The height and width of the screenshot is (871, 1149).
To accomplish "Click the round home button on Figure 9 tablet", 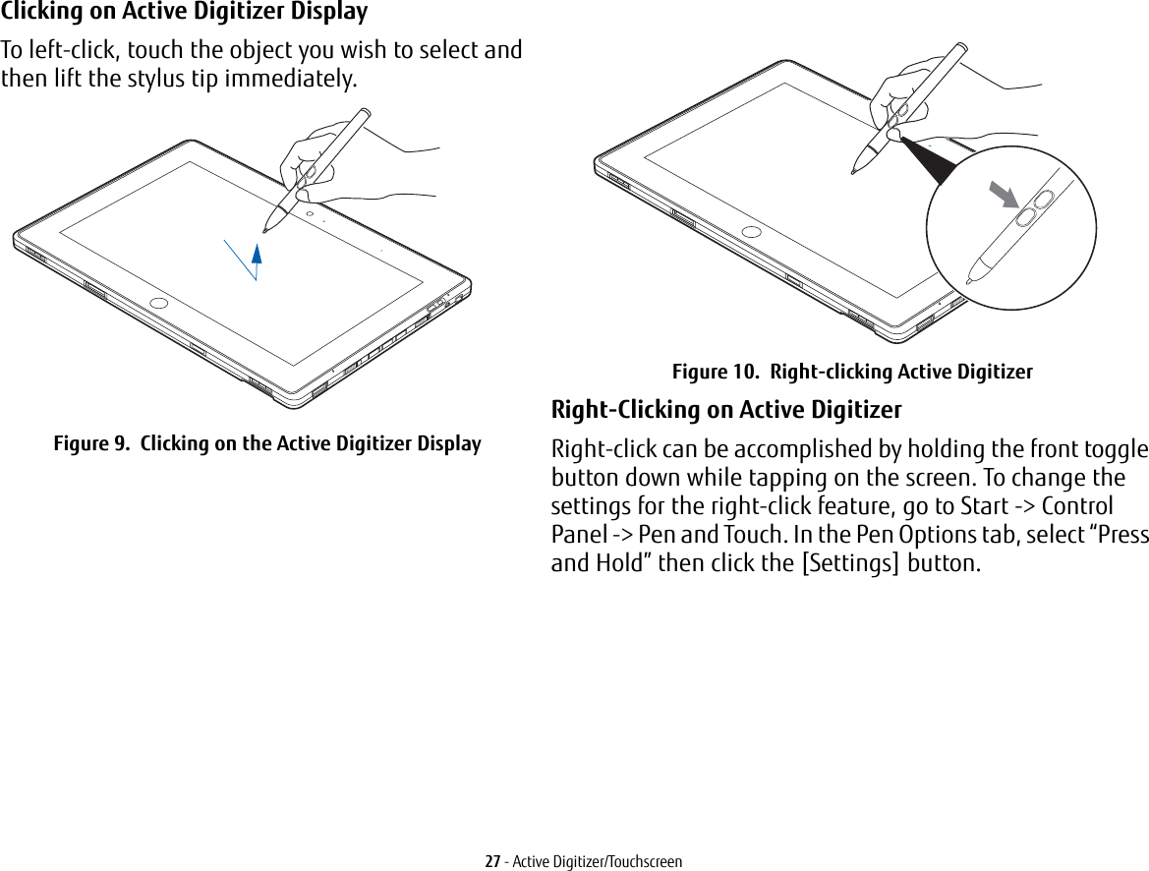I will coord(159,303).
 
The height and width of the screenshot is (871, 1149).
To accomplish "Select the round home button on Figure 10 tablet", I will coord(752,233).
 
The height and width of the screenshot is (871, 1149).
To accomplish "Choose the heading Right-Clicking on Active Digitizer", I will coord(726,409).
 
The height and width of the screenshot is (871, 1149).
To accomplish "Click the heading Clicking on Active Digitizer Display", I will coord(185,13).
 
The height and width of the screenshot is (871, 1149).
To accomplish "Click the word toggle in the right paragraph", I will coord(1115,450).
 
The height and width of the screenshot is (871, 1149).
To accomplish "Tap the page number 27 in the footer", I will coord(493,861).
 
